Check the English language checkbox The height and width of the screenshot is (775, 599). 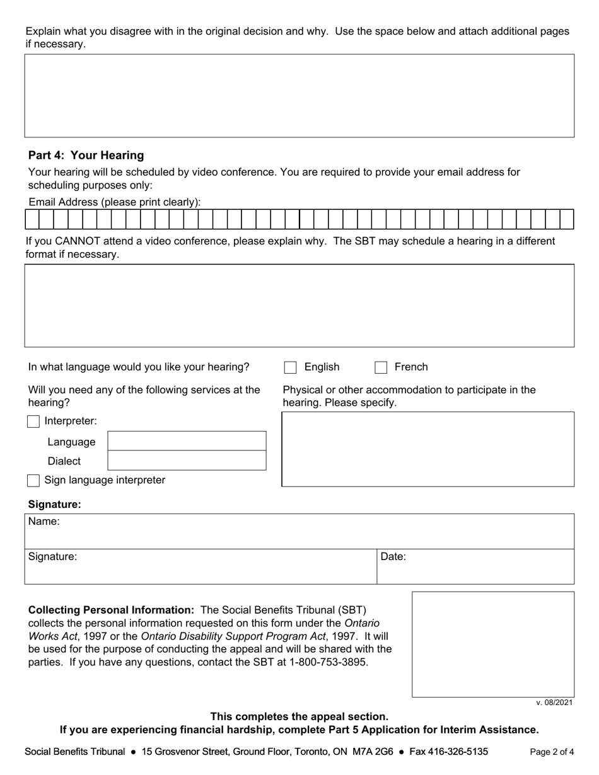[290, 367]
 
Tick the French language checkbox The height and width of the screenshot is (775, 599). [381, 367]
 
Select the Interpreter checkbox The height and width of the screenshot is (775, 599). [33, 422]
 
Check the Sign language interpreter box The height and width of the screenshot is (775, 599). [33, 481]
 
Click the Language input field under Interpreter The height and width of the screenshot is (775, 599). [187, 441]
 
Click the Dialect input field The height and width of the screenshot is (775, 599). [187, 461]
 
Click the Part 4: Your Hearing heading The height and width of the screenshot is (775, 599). [86, 155]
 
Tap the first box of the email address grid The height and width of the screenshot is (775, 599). [32, 219]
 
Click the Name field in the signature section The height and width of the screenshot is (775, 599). [299, 531]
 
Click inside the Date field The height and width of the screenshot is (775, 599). [475, 566]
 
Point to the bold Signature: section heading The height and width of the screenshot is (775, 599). [55, 505]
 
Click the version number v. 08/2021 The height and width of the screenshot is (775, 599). [554, 703]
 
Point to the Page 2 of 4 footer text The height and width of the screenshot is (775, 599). [552, 752]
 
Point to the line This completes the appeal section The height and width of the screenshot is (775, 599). [299, 716]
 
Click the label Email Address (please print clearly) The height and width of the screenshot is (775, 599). [114, 202]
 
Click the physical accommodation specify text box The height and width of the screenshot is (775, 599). [427, 449]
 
